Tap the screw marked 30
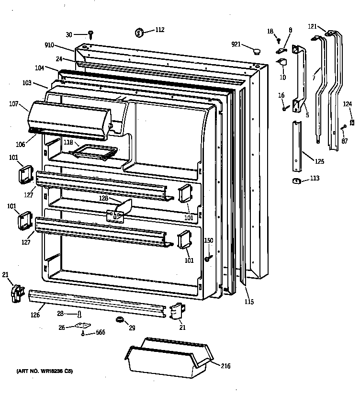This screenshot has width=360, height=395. (90, 34)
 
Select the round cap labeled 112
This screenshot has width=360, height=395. (139, 33)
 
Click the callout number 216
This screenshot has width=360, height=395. (226, 366)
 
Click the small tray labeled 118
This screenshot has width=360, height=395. (94, 151)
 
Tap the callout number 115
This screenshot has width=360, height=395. (248, 302)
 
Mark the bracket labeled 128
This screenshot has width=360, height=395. (117, 210)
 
